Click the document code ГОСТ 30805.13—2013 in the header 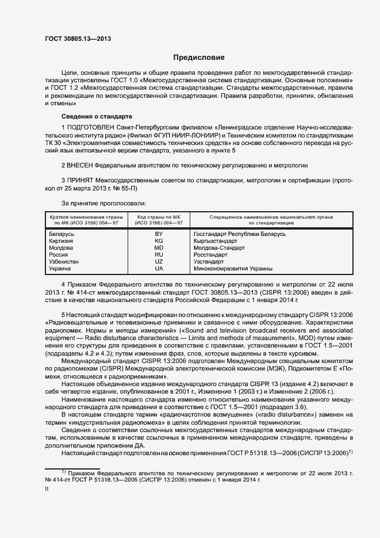click(x=78, y=39)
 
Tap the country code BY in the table click(x=159, y=234)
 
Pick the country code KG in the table click(x=159, y=241)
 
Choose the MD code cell click(x=159, y=248)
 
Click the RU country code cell click(x=159, y=255)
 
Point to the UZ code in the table click(x=159, y=262)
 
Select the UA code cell click(x=159, y=269)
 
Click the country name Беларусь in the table click(x=62, y=234)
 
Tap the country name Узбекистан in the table click(x=64, y=262)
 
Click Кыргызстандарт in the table click(x=216, y=241)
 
